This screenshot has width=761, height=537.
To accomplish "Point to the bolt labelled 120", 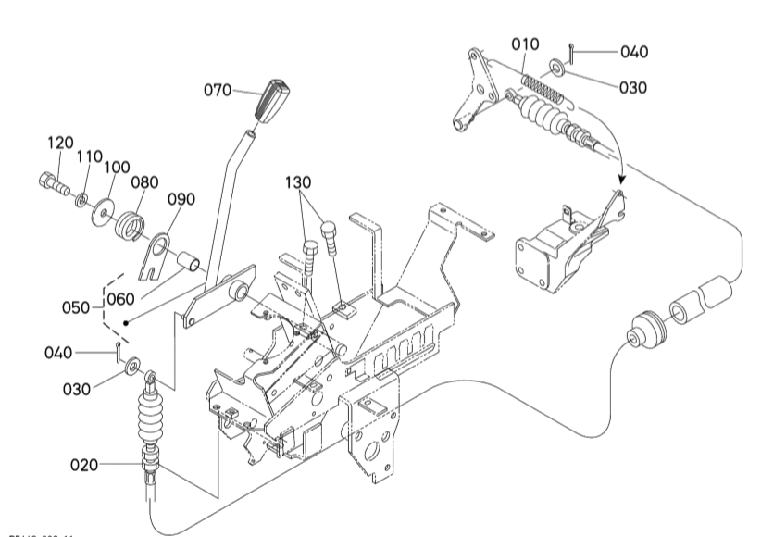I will point(52,181).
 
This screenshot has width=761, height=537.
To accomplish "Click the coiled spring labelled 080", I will point(130,225).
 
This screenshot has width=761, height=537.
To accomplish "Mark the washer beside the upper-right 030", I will point(558,67).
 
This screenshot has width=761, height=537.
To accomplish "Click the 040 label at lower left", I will point(57,352).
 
